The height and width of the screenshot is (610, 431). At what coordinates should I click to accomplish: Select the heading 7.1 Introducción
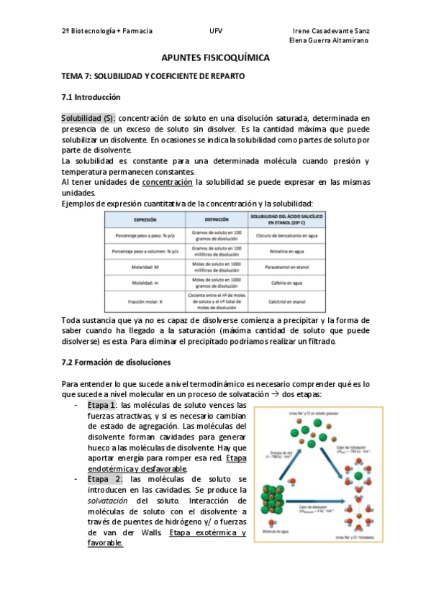click(91, 97)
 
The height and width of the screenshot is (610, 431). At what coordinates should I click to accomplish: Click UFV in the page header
click(216, 32)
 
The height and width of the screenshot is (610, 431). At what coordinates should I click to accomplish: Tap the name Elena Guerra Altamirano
click(328, 41)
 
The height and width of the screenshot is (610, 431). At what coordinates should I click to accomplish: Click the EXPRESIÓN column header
click(145, 219)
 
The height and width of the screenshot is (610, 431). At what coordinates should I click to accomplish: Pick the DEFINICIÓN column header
click(216, 219)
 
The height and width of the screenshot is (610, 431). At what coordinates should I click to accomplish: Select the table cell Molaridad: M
click(145, 266)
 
